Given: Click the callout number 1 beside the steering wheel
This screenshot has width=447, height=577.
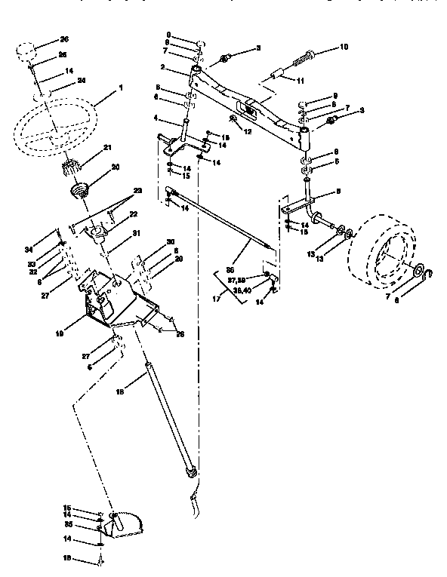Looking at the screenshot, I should coord(119,87).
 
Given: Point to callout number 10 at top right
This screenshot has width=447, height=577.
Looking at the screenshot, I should coord(344,47).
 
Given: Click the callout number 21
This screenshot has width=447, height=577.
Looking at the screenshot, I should coord(109,147).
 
